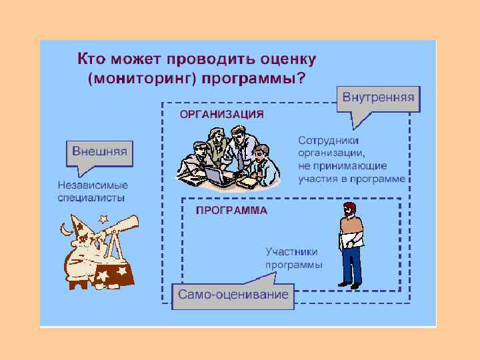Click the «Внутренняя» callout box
pyautogui.click(x=378, y=98)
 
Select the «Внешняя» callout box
pyautogui.click(x=99, y=151)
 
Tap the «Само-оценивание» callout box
pyautogui.click(x=233, y=294)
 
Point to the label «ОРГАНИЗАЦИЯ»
pyautogui.click(x=222, y=114)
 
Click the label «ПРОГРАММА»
pyautogui.click(x=231, y=210)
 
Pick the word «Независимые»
pyautogui.click(x=93, y=185)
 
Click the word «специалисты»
pyautogui.click(x=91, y=197)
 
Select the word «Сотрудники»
pyautogui.click(x=329, y=141)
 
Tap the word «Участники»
pyautogui.click(x=291, y=252)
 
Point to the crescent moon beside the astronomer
pyautogui.click(x=65, y=229)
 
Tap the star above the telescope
pyautogui.click(x=103, y=217)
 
